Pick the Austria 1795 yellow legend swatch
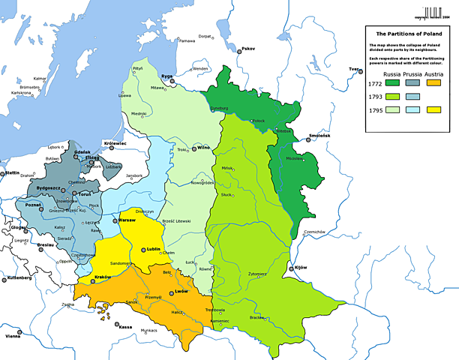pyautogui.click(x=433, y=110)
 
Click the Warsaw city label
pyautogui.click(x=127, y=220)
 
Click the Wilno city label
pyautogui.click(x=202, y=148)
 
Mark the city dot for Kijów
pyautogui.click(x=293, y=268)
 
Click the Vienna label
pyautogui.click(x=13, y=336)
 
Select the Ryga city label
pyautogui.click(x=166, y=76)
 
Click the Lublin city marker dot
pyautogui.click(x=143, y=249)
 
